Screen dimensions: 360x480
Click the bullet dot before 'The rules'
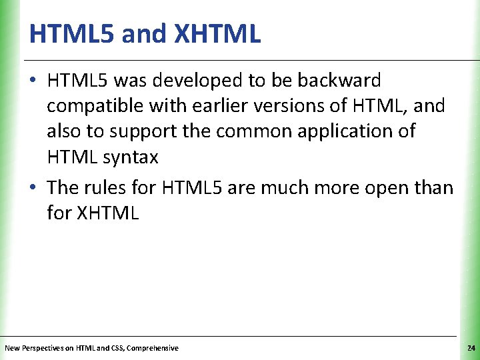tap(34, 188)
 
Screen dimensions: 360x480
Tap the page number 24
tap(471, 348)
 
